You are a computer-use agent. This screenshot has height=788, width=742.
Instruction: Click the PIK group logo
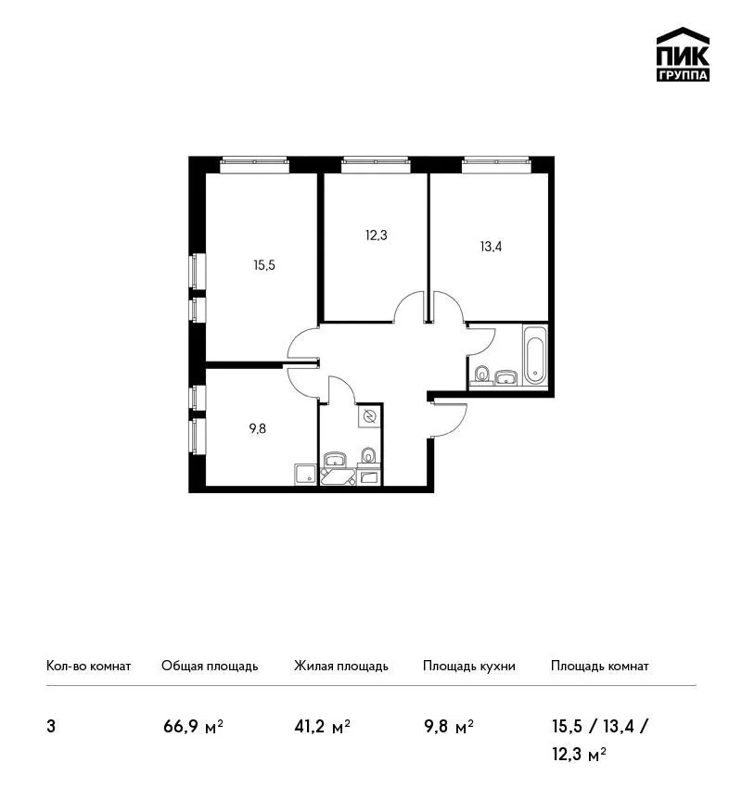(683, 55)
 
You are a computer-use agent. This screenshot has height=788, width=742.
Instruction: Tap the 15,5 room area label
(264, 265)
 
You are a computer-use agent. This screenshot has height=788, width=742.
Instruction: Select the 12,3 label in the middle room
(376, 235)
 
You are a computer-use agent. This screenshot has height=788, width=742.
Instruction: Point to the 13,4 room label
(491, 247)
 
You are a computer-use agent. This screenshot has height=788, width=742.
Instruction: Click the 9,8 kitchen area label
(258, 428)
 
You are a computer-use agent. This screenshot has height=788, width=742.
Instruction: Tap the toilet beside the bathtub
(482, 374)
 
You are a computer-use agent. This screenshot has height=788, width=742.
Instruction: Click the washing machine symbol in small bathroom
(369, 416)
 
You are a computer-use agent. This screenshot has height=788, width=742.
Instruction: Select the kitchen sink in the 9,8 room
(306, 475)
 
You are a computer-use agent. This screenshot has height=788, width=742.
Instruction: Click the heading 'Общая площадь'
(210, 667)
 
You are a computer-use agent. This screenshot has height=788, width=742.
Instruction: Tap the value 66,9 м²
(193, 726)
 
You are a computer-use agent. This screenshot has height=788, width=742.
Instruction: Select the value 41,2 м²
(322, 726)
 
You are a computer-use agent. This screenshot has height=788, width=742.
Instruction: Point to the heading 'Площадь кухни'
(469, 667)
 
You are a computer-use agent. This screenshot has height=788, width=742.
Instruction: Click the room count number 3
(51, 727)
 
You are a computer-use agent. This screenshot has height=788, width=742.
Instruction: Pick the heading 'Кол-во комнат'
(88, 667)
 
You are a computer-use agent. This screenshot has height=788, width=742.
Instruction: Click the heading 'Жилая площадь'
(341, 667)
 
